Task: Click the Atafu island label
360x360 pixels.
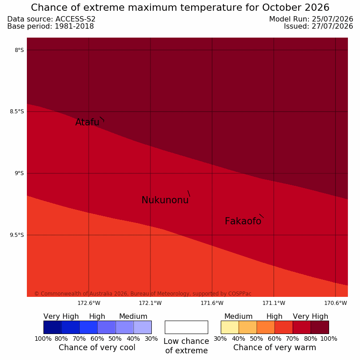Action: click(87, 122)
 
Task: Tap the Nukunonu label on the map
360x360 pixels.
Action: click(165, 200)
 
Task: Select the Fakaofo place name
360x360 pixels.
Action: click(243, 221)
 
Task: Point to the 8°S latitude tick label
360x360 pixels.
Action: click(19, 50)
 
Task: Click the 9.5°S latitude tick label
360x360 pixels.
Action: click(17, 235)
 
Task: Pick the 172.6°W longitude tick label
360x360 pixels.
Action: click(89, 303)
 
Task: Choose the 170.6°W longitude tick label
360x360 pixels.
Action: click(335, 303)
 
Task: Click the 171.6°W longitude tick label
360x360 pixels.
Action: click(212, 303)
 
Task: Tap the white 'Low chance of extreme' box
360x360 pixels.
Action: click(186, 327)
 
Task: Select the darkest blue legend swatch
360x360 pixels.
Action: click(52, 327)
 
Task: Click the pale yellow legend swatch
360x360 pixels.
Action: click(230, 327)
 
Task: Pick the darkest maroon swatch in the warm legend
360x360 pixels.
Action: click(320, 327)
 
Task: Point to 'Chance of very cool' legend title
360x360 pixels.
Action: click(97, 347)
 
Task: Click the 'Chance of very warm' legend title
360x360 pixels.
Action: click(274, 347)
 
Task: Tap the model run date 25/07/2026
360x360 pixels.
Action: click(332, 19)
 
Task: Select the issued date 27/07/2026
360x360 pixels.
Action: click(332, 26)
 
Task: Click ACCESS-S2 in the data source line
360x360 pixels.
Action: click(75, 19)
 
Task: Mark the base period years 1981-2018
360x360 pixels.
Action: click(74, 26)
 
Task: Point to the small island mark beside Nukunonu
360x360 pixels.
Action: click(189, 193)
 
